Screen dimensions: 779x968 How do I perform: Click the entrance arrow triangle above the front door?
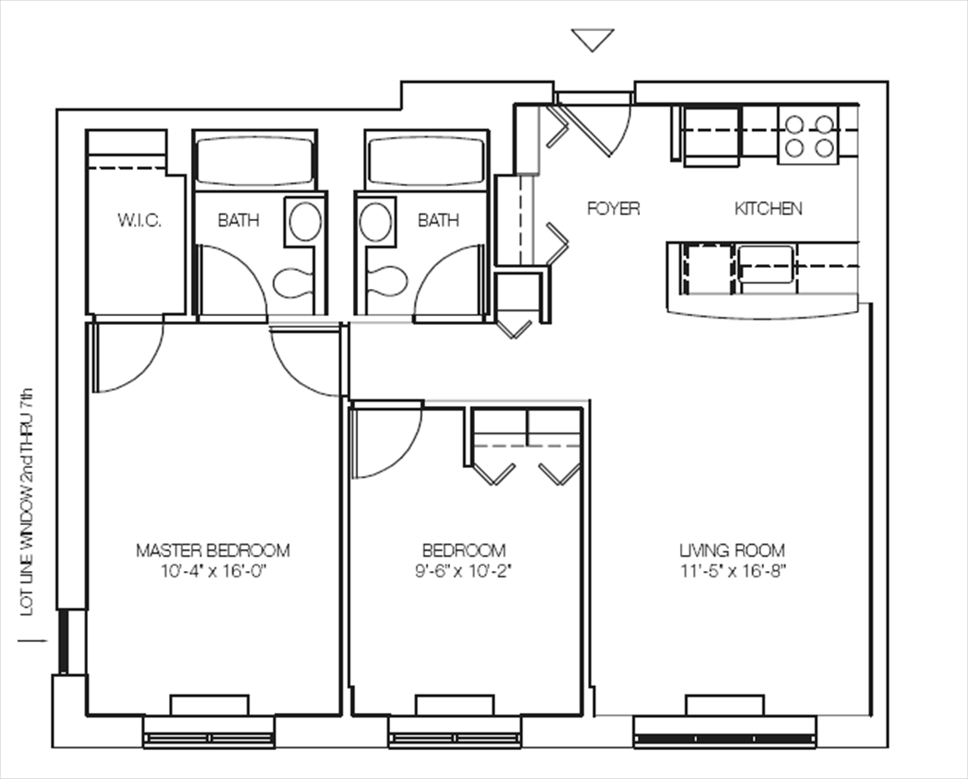[593, 40]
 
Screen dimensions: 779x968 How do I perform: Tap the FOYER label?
[613, 209]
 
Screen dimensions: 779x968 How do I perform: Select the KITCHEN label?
[768, 209]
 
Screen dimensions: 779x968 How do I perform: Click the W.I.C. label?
[139, 220]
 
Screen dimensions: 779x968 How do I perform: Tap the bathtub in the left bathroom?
[254, 159]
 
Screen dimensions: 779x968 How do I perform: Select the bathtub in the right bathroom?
[426, 159]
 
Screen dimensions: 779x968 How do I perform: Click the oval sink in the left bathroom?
[303, 221]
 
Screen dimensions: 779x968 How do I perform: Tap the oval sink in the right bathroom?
[375, 221]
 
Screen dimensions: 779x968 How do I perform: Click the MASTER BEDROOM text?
[213, 551]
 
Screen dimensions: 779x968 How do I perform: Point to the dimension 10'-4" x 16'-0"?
[213, 571]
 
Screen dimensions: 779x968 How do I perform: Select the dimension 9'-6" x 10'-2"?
[463, 571]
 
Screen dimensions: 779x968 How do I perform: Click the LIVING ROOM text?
[731, 551]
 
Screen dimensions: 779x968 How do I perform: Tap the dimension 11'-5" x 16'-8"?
[731, 571]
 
